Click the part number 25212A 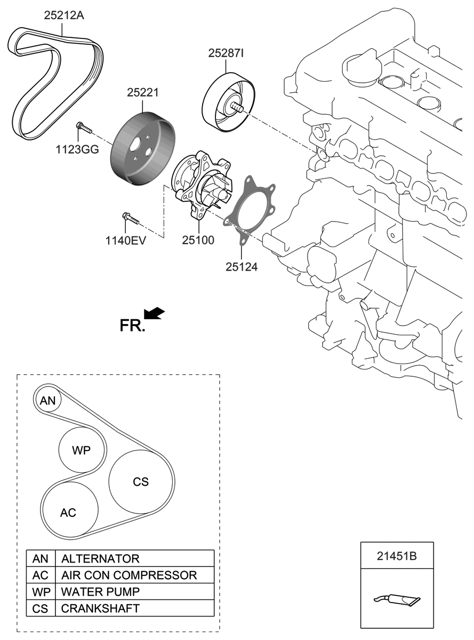click(x=63, y=15)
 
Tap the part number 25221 click(x=143, y=92)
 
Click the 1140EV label click(x=126, y=240)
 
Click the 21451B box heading click(x=396, y=556)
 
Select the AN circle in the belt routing click(x=48, y=400)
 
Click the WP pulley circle click(x=82, y=450)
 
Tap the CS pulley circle click(x=141, y=481)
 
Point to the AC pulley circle click(x=69, y=512)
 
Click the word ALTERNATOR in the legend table click(x=100, y=558)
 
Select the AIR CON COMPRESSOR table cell click(x=129, y=575)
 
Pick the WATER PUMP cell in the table click(x=100, y=591)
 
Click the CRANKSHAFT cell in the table click(x=100, y=608)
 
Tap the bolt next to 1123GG click(x=84, y=127)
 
